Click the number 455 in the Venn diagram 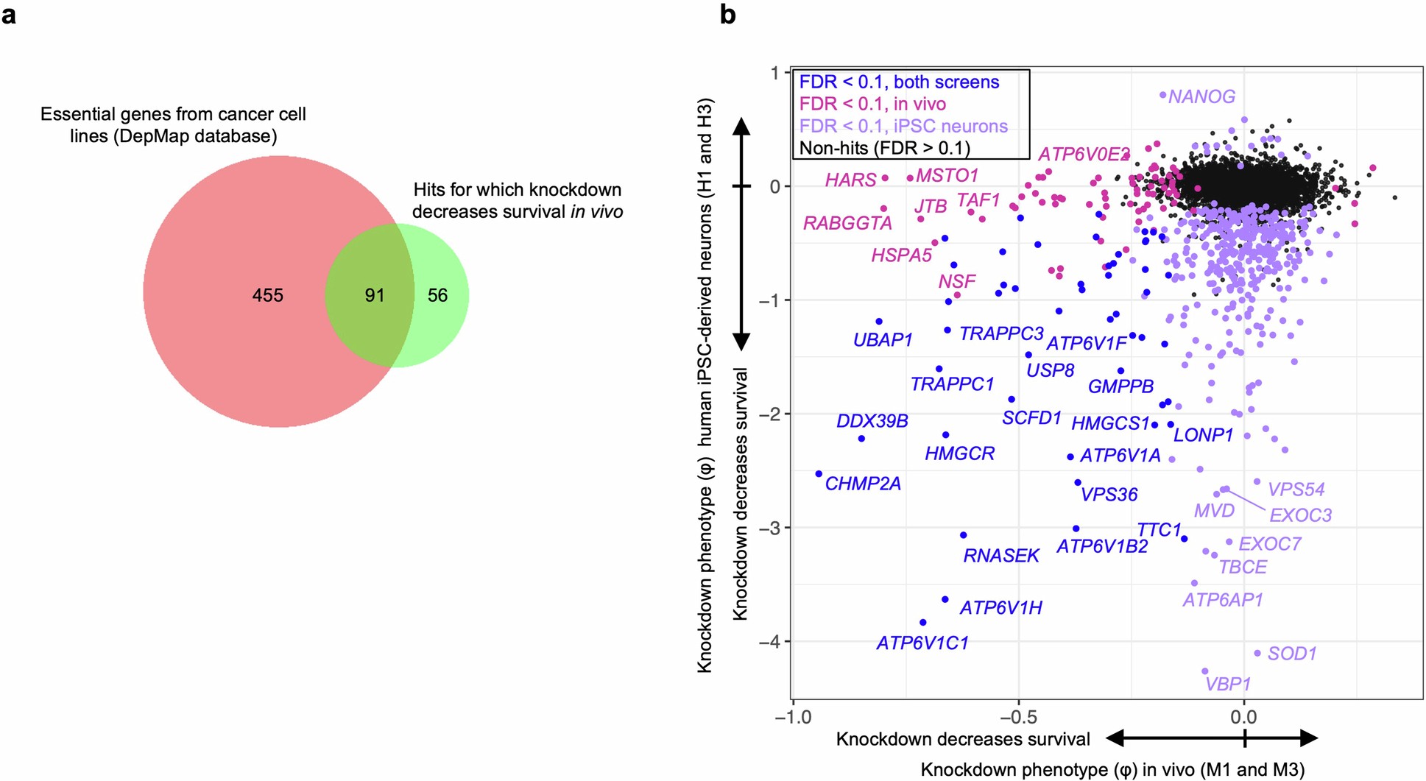point(267,295)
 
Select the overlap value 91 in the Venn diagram point(375,295)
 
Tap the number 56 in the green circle point(437,295)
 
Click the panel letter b point(727,14)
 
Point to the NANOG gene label point(1201,96)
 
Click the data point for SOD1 point(1257,653)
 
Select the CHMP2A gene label point(863,484)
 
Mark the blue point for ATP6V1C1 point(923,623)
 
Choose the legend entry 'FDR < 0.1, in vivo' point(872,104)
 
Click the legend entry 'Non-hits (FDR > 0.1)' point(884,148)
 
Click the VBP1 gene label point(1228,684)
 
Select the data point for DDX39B point(862,439)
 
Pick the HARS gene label point(850,180)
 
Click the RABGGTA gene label point(847,223)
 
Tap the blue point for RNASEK point(964,535)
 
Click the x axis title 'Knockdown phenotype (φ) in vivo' point(1112,770)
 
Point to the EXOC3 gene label point(1301,515)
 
